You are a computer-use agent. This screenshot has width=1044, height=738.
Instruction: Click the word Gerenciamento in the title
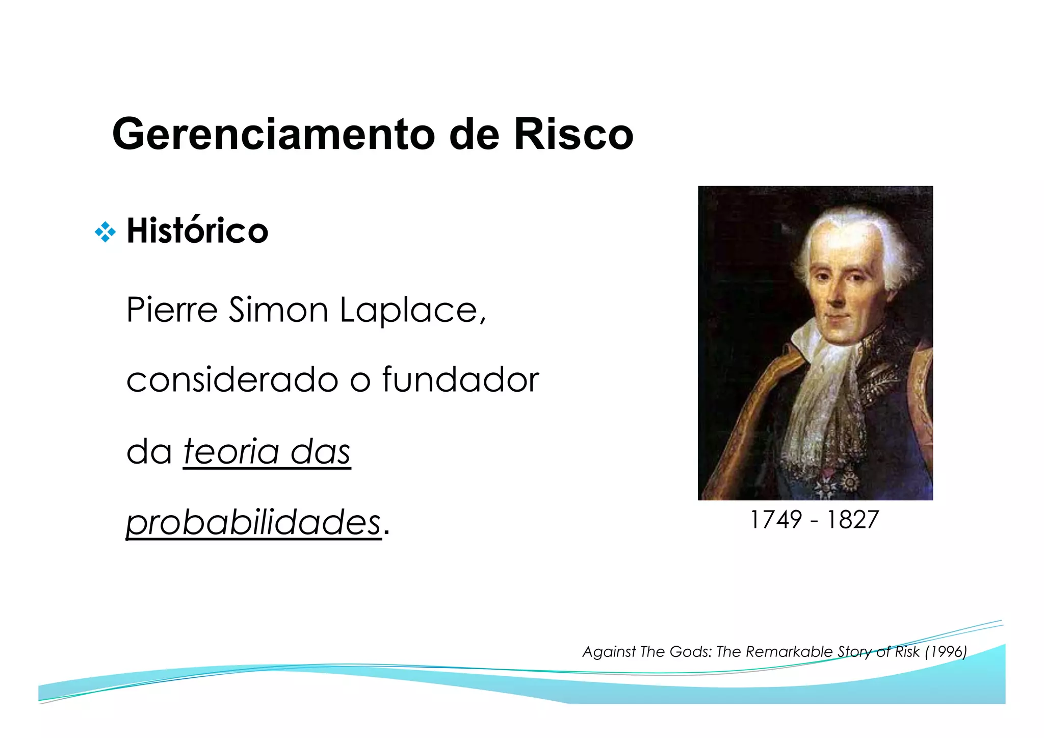coord(273,134)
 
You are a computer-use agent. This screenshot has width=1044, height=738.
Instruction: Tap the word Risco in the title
coord(573,134)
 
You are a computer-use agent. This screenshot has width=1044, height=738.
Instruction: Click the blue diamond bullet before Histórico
coord(105,232)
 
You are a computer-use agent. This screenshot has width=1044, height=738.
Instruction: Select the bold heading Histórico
coord(197,231)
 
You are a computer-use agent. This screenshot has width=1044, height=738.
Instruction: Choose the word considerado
coord(232,380)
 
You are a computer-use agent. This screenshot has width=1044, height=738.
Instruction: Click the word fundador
coord(460,380)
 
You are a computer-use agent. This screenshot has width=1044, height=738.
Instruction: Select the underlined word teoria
coord(231,451)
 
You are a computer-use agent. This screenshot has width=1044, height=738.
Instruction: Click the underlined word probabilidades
coord(253,523)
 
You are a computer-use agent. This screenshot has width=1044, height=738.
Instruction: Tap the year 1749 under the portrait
coord(776,520)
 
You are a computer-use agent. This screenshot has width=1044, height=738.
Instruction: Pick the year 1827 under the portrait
coord(853,520)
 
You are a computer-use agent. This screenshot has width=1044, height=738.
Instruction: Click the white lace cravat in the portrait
coord(821,388)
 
